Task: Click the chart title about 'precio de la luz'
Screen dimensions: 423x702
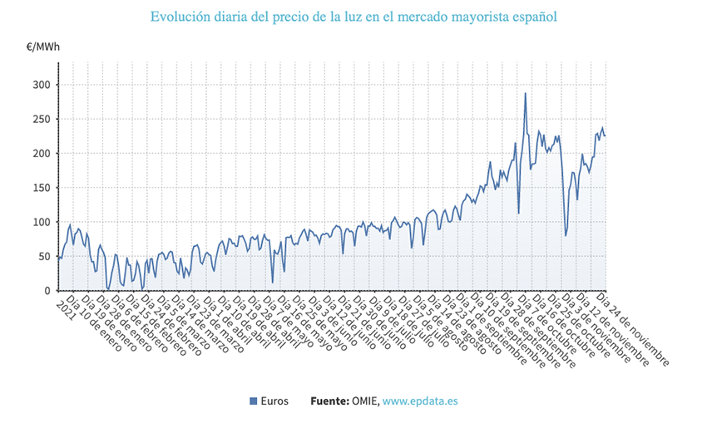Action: coord(353,17)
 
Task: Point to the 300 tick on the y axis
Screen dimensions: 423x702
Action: coord(40,85)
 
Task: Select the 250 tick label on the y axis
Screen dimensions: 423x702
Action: coord(40,119)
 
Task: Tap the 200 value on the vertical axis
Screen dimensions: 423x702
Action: coord(40,154)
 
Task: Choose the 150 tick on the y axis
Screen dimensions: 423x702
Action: coord(40,188)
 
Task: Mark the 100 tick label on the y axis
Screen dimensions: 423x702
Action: coord(40,222)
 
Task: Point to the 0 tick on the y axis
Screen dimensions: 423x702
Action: coord(47,291)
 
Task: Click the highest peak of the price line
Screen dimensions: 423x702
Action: coord(525,93)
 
